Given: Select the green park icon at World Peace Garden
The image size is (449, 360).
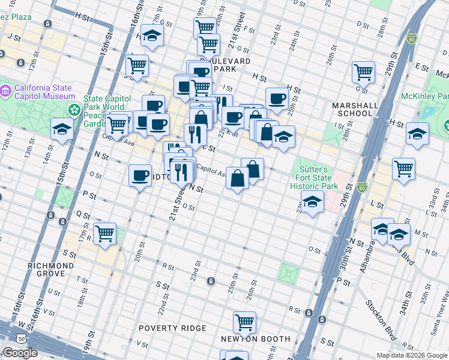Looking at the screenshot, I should click(74, 110).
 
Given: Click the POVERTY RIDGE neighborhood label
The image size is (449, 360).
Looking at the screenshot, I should click(172, 328).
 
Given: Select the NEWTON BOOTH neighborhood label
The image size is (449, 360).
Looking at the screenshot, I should click(255, 339).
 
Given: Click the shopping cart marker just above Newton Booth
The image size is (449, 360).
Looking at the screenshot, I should click(244, 322).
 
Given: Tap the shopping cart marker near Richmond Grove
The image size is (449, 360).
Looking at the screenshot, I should click(105, 233).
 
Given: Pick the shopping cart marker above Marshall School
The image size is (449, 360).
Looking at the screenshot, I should click(363, 72).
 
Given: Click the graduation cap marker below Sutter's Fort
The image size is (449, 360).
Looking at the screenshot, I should click(312, 202).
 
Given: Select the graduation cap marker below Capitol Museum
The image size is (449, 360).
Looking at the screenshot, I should click(62, 129).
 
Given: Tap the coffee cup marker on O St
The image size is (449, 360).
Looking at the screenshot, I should click(140, 175).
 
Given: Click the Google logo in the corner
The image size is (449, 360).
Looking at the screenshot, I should click(20, 353).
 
